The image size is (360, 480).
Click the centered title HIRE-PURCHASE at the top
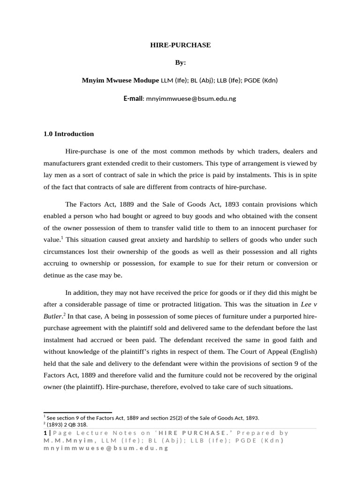coord(180,45)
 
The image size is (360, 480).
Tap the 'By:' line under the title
coord(180,62)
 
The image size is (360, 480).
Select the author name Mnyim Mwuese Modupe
coord(120,80)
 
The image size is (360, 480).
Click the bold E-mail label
coord(133,99)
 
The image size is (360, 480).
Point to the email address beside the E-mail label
coord(191,99)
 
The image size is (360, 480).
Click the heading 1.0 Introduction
coord(68,134)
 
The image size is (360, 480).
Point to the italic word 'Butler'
coord(52,316)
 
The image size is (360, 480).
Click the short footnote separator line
coord(77,412)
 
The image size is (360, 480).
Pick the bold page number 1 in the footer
coord(45,433)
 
